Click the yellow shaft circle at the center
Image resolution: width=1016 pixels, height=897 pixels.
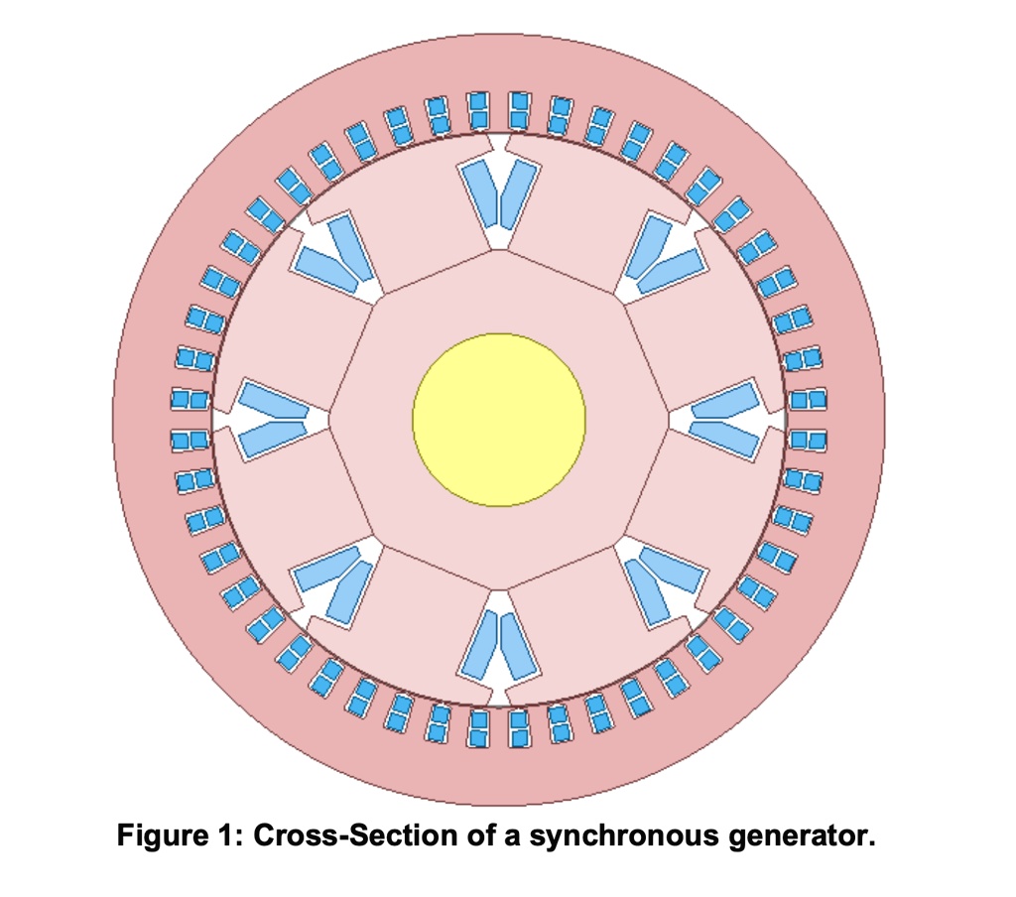coord(499,420)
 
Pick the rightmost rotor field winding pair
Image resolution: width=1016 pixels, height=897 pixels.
coord(727,420)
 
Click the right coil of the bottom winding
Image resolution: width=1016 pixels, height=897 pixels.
coord(517,646)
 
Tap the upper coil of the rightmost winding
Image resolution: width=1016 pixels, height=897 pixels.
coord(729,403)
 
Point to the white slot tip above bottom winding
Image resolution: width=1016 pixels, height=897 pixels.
coord(499,601)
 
